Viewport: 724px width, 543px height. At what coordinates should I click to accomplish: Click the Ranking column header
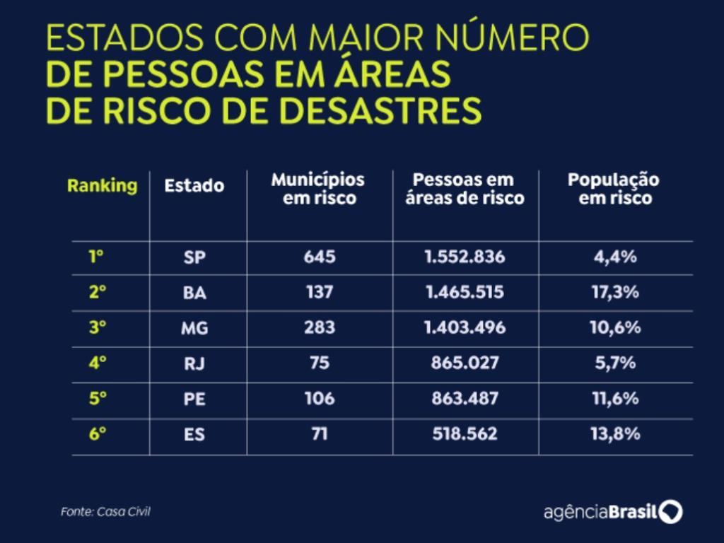tap(102, 186)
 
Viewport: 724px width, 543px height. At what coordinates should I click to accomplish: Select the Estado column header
tap(194, 186)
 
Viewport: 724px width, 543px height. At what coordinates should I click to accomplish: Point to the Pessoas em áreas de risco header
tap(465, 189)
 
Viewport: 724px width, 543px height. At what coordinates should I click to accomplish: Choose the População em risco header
tap(614, 189)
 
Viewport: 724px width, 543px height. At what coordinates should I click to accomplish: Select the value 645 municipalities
tap(319, 257)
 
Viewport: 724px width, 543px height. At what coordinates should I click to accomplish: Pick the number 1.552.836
tap(465, 257)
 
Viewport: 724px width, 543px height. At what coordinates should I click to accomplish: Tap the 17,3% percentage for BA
tap(614, 292)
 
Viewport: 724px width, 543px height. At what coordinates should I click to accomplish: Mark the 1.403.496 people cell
tap(465, 327)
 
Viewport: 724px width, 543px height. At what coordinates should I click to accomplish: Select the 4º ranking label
tap(98, 363)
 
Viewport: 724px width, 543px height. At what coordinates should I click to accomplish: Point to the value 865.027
tap(465, 363)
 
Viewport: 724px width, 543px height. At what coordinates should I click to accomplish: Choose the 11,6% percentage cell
tap(614, 398)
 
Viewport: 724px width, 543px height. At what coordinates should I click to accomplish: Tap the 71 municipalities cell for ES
tap(319, 433)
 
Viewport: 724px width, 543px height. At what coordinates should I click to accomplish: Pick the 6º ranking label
tap(98, 433)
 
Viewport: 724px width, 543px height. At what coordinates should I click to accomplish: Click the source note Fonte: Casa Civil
tap(105, 512)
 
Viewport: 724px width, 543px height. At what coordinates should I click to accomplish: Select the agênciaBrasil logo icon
tap(671, 511)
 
